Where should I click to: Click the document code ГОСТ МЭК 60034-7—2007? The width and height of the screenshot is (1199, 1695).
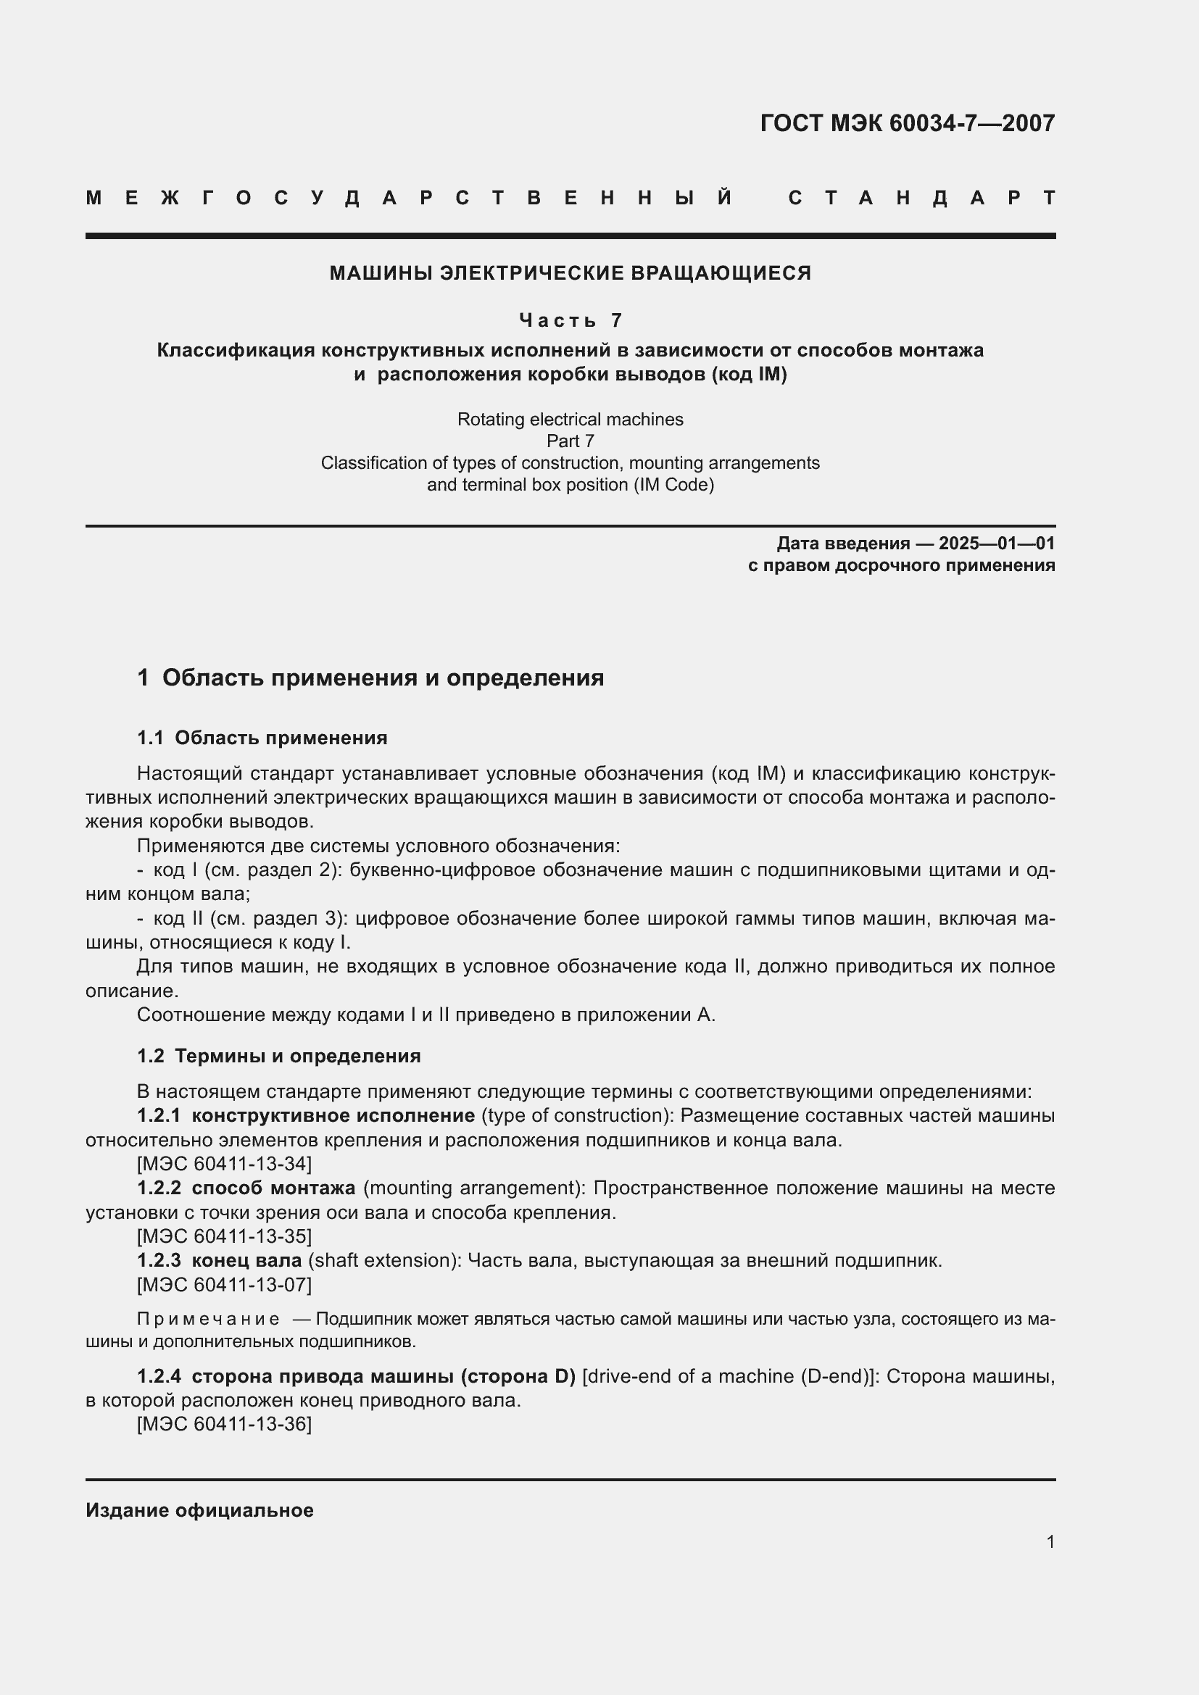(907, 122)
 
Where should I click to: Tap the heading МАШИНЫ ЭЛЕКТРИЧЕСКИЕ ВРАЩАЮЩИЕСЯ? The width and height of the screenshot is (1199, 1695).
(570, 273)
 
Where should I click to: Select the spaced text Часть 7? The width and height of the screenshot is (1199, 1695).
(570, 320)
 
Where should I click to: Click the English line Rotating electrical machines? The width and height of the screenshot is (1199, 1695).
(570, 420)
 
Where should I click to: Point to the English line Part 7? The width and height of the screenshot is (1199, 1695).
(570, 441)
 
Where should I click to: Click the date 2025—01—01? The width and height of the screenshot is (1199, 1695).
(996, 544)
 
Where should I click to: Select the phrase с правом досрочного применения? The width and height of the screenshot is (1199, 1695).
(901, 565)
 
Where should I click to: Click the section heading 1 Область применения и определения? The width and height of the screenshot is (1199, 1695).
(370, 678)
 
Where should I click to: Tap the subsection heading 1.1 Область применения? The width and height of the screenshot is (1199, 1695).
(262, 738)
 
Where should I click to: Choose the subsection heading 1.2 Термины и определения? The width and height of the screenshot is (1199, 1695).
(279, 1056)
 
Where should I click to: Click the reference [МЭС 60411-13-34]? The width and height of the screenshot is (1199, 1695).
(225, 1165)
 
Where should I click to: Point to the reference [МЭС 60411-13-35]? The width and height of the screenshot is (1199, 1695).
(225, 1236)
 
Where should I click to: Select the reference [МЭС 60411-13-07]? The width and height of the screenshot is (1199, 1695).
(225, 1285)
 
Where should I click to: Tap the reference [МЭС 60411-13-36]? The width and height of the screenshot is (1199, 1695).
(225, 1424)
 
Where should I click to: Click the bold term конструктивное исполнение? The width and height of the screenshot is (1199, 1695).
(332, 1115)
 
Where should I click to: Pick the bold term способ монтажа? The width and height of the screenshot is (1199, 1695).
(273, 1188)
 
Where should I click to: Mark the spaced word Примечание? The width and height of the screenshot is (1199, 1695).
(208, 1319)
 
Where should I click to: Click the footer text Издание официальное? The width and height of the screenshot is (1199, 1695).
(199, 1510)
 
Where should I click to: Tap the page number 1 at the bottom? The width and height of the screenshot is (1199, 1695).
(1050, 1541)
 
